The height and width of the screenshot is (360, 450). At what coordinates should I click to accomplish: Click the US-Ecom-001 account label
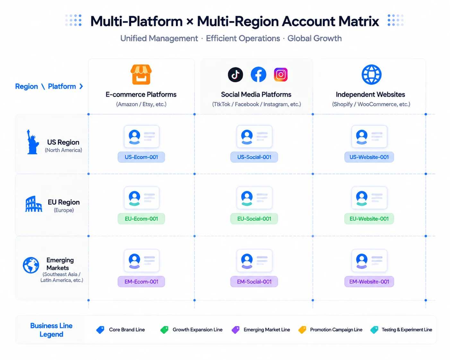141,157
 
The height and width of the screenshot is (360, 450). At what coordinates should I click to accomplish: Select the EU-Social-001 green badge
254,219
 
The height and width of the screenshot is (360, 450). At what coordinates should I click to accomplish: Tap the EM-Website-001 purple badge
369,282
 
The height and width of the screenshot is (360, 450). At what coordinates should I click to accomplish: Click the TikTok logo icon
236,75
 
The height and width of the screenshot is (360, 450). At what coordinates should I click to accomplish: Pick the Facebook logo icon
258,74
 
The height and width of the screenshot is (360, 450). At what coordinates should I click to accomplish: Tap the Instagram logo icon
281,75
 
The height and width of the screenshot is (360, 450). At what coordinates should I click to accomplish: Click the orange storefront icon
141,74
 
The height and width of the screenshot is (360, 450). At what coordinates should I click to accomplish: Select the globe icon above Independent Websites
371,74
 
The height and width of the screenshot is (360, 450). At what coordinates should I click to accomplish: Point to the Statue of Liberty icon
33,142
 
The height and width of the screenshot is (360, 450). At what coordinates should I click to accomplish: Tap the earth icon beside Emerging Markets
31,265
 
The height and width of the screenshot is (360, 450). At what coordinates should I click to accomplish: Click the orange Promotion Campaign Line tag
302,330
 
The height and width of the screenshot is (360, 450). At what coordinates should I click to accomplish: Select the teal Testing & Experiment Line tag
374,330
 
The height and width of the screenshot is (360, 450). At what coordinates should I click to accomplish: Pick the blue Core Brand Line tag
100,330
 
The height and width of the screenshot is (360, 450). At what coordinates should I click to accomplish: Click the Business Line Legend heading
51,330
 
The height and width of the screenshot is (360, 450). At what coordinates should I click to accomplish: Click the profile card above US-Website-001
369,136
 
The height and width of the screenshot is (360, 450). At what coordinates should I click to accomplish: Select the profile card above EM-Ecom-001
142,261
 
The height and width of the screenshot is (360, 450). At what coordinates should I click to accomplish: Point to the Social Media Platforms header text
256,95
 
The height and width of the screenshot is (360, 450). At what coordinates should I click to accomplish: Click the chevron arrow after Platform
81,86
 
